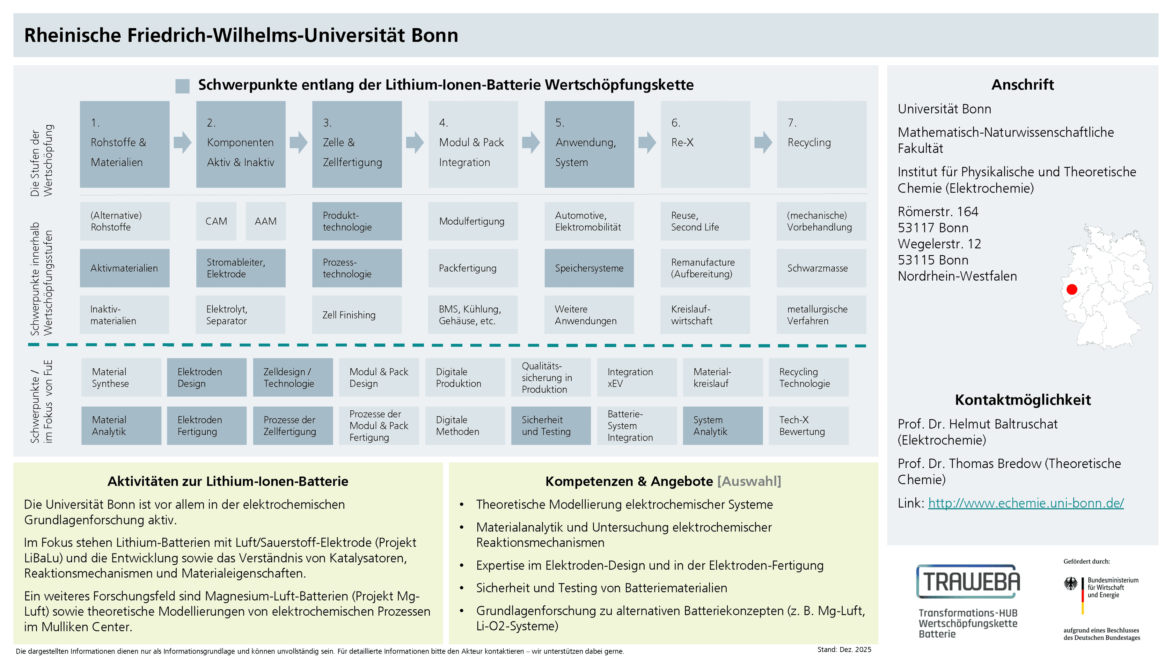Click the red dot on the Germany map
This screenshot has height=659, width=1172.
pos(1072,289)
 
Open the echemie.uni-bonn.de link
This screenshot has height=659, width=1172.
pos(1025,503)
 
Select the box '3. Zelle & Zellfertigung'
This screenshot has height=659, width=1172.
pos(357,144)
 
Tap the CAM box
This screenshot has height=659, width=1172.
pos(216,221)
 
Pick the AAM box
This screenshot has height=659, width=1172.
pos(266,221)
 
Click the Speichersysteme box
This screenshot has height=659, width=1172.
pos(589,268)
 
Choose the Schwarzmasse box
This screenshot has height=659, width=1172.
pos(821,268)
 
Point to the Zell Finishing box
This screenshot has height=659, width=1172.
pos(357,315)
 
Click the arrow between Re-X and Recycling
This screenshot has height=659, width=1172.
pos(763,142)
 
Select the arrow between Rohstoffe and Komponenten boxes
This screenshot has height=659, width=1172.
pos(183,142)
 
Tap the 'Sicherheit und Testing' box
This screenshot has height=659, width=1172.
pos(551,426)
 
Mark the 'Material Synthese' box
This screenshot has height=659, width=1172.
pos(121,377)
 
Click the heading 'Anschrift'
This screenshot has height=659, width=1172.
pos(1022,85)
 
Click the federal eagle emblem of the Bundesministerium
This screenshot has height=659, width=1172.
pos(1071,584)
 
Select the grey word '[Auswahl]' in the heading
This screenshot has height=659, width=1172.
pos(749,481)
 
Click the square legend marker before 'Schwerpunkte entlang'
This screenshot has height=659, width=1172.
pos(183,86)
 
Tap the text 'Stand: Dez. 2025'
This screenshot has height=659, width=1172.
pos(844,650)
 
